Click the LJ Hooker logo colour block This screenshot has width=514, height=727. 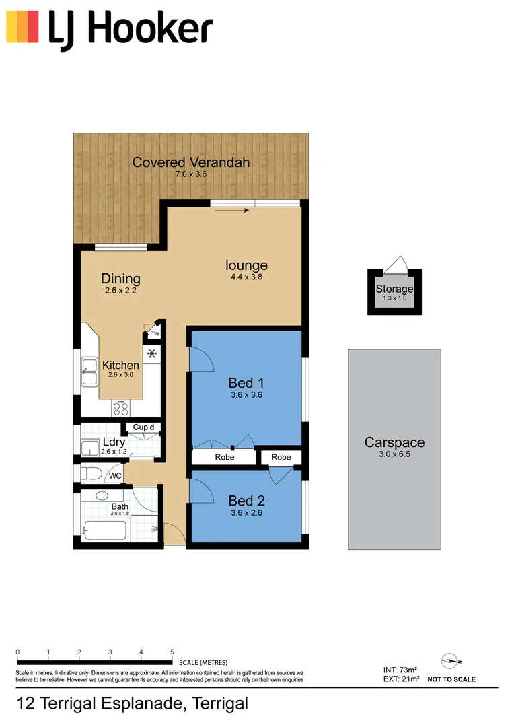coord(22,27)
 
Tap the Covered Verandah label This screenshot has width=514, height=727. coord(191,162)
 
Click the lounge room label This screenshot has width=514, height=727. coord(246,265)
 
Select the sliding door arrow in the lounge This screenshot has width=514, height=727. coord(233,211)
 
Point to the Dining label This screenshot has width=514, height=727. coord(120,279)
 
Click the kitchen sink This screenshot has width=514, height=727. coord(89,372)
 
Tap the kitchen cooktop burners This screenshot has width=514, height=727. coord(121,407)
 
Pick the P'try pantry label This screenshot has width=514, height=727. coord(155,333)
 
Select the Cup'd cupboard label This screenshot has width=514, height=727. coord(144,427)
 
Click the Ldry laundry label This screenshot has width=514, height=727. coord(114,442)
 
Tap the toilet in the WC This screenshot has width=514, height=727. coord(89,475)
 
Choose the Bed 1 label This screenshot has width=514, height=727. coord(246,384)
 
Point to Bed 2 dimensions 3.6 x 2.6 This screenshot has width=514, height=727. coord(246,513)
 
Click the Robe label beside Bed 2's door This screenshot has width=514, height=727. coord(281,457)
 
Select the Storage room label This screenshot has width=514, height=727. coord(394,289)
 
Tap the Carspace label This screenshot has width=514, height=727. coord(394,442)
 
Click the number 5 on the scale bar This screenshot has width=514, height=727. coord(172,652)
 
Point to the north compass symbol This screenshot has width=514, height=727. coord(451,660)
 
